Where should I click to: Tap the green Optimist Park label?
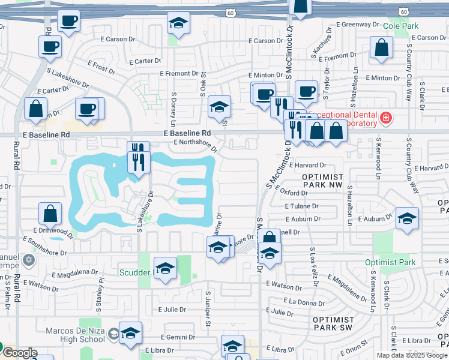coord(390,262)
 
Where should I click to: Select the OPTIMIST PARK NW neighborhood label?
coord(322,181)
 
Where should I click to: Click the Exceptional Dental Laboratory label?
coord(342,119)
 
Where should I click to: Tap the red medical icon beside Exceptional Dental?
coord(385,119)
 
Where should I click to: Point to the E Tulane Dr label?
coord(302,206)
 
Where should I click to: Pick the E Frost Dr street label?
coord(101,67)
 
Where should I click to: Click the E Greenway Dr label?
coord(358,25)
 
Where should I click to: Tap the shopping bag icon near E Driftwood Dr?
coord(50,214)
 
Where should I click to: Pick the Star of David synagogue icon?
coord(28,261)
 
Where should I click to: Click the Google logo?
coord(19,353)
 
